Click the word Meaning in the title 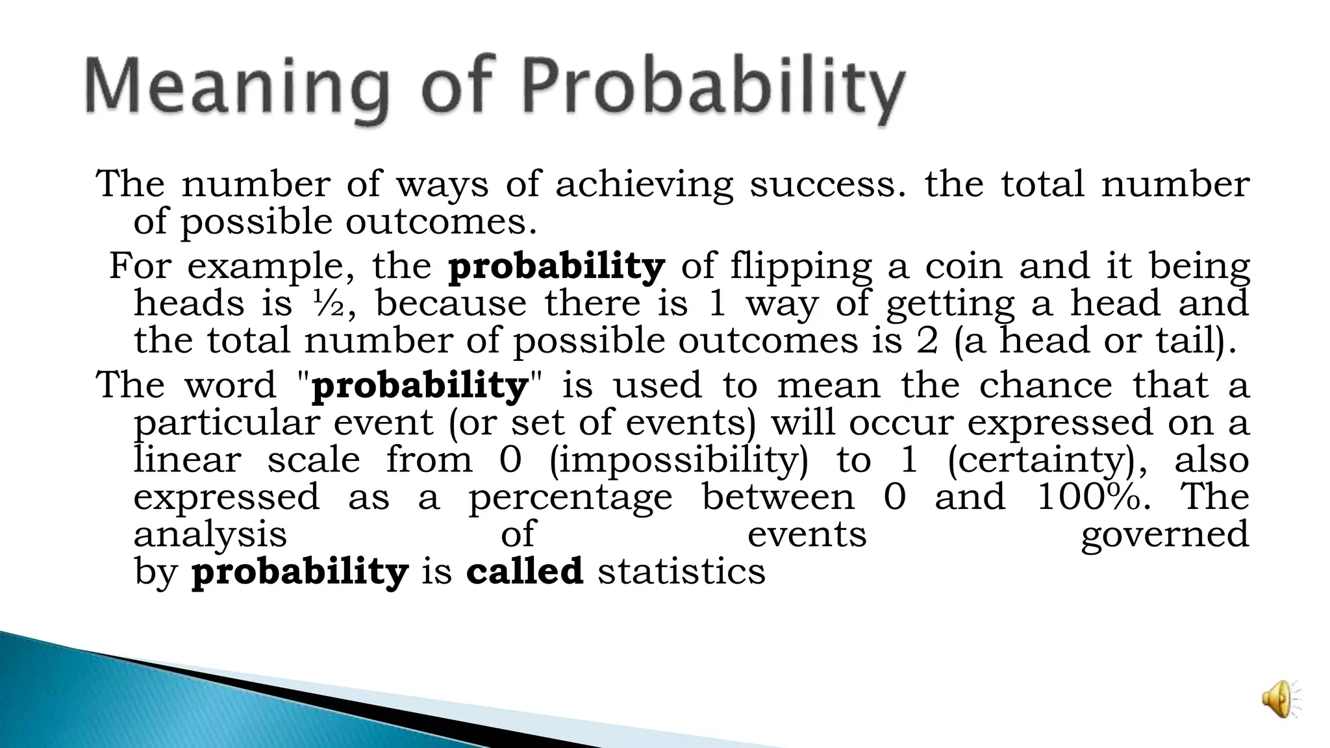tap(237, 88)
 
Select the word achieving tap(644, 184)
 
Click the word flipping tap(801, 267)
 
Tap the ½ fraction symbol tap(329, 304)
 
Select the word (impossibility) tap(679, 460)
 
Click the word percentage tap(570, 497)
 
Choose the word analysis tap(210, 535)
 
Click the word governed tap(1165, 535)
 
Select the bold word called tap(525, 572)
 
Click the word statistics tap(681, 572)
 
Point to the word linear tap(187, 460)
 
